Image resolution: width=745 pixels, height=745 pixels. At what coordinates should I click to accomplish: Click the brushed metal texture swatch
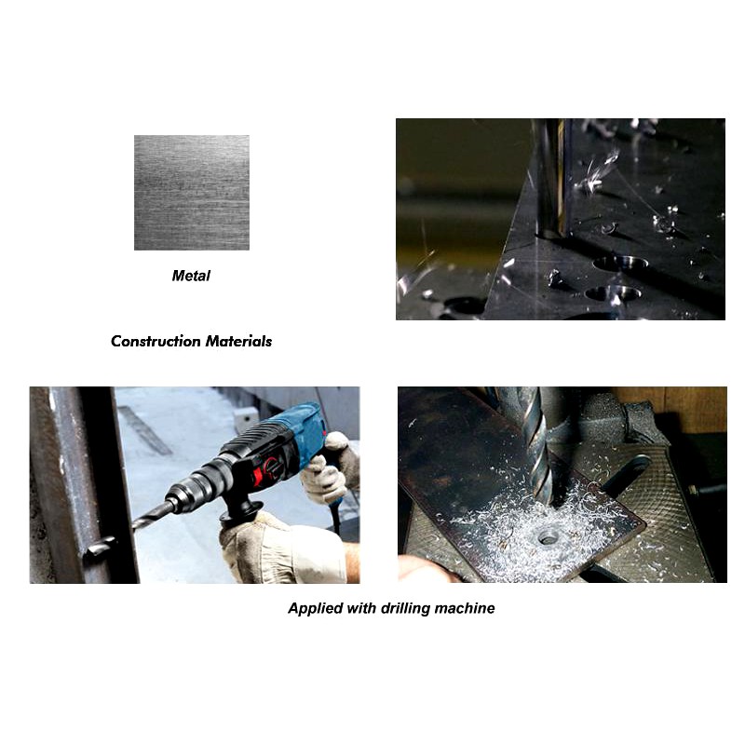tap(192, 193)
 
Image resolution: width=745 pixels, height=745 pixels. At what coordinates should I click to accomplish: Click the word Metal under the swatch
tap(191, 276)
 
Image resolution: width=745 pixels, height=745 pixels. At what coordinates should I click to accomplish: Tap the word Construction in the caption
tap(156, 341)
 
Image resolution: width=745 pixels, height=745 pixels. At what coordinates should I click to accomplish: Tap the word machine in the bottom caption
tap(465, 608)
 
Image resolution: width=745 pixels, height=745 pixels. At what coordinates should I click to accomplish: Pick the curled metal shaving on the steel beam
tap(100, 547)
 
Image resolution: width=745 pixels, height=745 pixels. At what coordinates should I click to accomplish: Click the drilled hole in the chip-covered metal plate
tap(548, 538)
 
